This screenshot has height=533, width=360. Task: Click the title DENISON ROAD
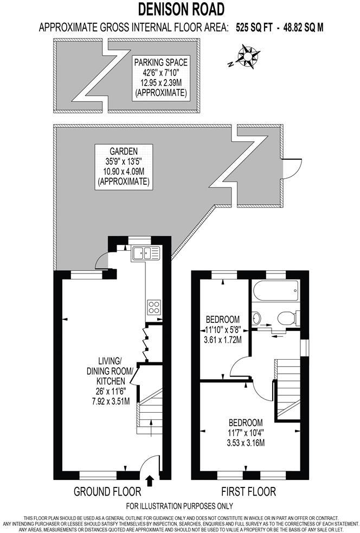179,9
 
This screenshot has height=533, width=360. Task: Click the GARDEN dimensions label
123,166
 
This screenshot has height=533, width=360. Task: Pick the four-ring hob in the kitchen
153,307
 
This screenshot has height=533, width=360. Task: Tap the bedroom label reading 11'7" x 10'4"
246,433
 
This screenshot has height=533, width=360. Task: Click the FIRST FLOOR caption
248,492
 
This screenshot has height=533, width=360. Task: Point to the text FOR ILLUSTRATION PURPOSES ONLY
179,506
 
